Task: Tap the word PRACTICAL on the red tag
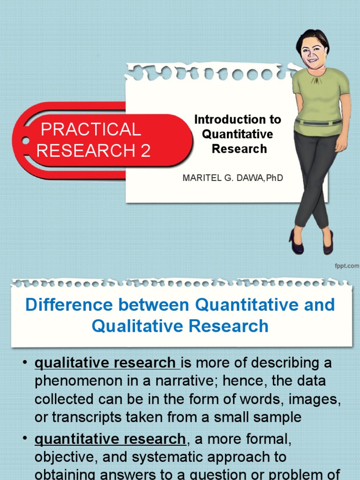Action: click(x=91, y=129)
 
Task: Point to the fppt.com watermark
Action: click(x=347, y=266)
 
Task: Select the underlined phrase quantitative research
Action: click(x=110, y=439)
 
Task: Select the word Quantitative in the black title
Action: click(x=237, y=134)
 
